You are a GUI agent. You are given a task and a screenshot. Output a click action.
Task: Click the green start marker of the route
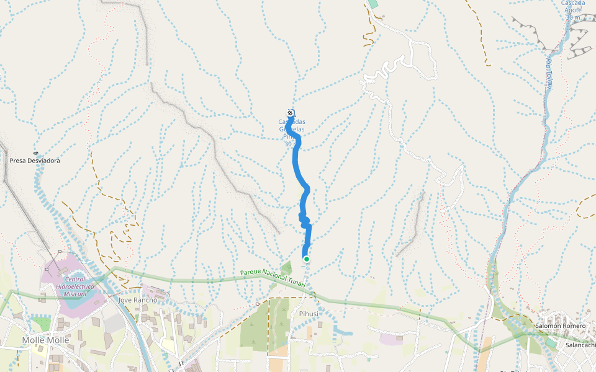tap(306, 259)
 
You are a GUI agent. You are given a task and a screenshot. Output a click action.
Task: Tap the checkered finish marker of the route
tap(290, 112)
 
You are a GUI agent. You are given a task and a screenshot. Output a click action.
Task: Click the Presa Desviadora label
tap(35, 161)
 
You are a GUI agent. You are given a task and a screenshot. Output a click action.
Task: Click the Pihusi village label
tap(309, 314)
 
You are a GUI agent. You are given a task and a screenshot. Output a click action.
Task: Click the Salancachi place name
tap(580, 345)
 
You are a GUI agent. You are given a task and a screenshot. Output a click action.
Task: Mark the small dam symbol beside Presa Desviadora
tap(35, 153)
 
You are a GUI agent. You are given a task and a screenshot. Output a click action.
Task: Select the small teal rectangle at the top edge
tap(372, 4)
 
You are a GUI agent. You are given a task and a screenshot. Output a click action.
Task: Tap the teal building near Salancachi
tap(551, 342)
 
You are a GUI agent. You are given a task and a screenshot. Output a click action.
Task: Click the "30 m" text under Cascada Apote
tap(572, 17)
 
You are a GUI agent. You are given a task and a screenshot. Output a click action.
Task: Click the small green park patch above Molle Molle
tap(42, 324)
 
